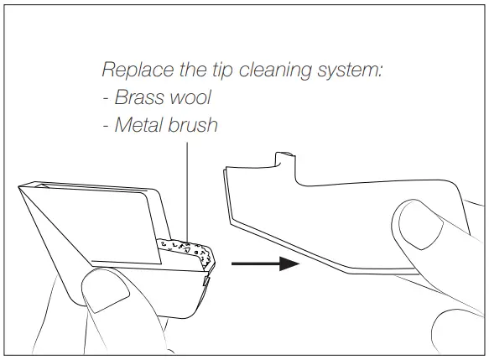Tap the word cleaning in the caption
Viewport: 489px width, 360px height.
(270, 69)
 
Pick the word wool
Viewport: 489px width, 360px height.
(189, 97)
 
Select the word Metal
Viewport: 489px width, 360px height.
(138, 126)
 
